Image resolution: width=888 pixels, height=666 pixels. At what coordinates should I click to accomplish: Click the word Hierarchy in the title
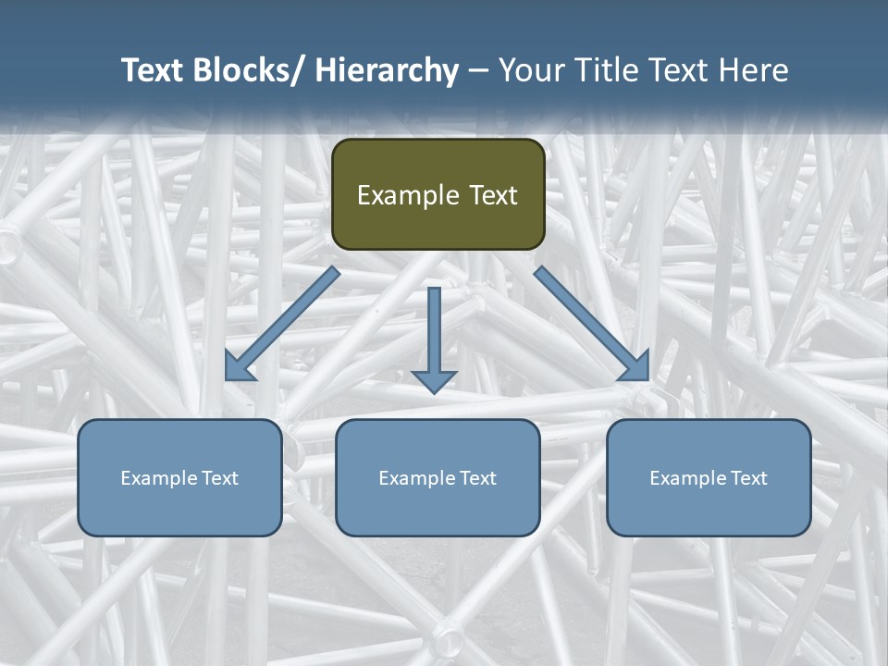386,70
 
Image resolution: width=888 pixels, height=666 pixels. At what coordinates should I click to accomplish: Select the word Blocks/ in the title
249,70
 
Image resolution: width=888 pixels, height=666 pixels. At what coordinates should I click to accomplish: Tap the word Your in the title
529,70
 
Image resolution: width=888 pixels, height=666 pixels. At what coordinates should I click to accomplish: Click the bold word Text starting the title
153,70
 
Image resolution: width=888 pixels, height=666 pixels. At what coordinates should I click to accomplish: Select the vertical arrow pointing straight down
434,338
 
